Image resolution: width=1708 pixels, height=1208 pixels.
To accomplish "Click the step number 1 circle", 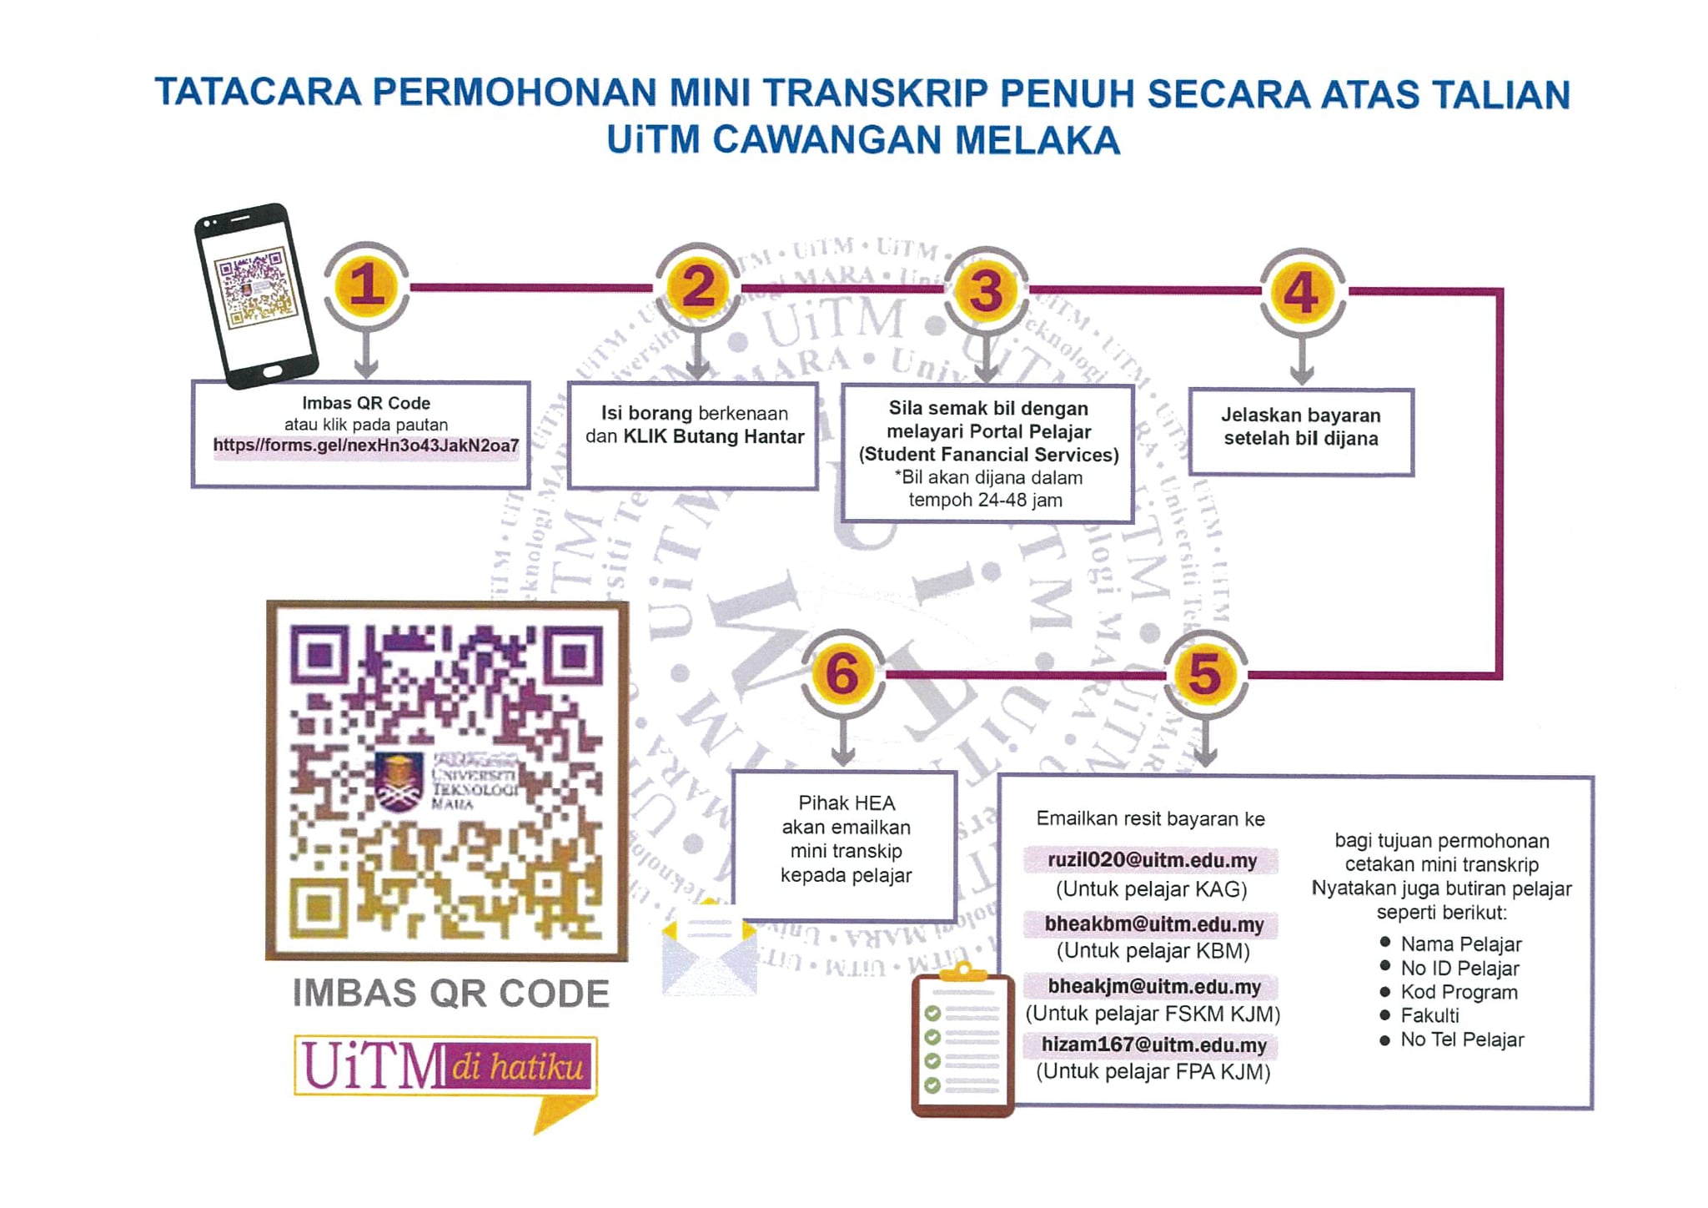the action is pos(366,285).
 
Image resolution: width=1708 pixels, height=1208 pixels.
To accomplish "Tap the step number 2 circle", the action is pos(698,287).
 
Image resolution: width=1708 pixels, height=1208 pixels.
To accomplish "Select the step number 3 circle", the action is pos(986,290).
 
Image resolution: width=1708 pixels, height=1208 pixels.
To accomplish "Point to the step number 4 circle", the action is pos(1301,292).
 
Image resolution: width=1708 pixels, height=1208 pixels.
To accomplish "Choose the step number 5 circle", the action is pos(1205,674).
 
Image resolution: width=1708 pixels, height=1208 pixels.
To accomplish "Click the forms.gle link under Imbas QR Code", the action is pos(366,445).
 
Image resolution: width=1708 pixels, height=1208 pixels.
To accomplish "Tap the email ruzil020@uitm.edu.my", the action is pos(1152,860).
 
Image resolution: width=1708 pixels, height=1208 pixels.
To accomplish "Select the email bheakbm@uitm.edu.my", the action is pos(1153,924).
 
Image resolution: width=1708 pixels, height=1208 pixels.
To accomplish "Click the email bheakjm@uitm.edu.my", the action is pos(1154,987).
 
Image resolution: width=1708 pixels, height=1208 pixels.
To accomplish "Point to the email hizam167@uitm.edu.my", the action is pos(1153,1044).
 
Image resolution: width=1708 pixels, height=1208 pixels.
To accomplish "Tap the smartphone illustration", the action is pos(255,295).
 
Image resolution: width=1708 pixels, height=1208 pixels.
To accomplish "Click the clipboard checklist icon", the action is pos(963,1039).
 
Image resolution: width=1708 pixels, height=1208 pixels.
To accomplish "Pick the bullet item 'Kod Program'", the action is pos(1459,992).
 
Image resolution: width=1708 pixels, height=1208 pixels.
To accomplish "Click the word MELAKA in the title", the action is pos(1037,140).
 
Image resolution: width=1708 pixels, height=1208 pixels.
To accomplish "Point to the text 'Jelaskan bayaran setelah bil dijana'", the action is pos(1301,427).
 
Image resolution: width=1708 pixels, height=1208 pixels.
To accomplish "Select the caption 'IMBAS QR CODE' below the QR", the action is pos(450,994).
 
